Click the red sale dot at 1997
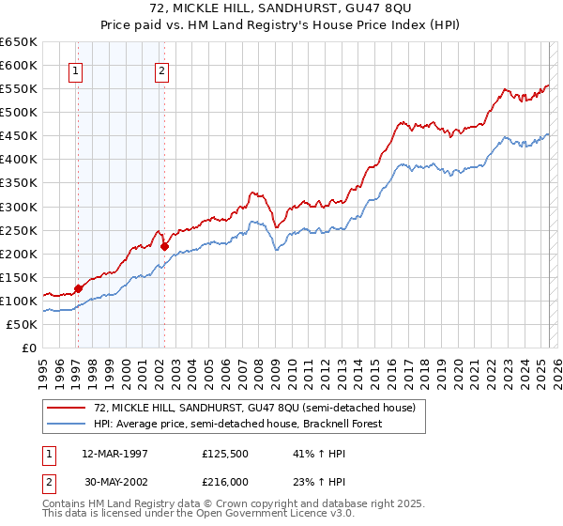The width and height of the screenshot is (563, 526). coord(78,288)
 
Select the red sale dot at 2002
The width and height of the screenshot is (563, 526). coord(164,246)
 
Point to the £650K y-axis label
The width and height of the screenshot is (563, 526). coord(18,42)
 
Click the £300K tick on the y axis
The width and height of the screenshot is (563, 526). coord(18,207)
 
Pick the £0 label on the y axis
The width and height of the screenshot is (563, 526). coord(28,348)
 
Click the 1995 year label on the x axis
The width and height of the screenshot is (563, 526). coord(43,367)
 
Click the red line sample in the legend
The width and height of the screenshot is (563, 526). coord(66,408)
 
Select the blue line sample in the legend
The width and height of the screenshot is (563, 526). coord(66,424)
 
